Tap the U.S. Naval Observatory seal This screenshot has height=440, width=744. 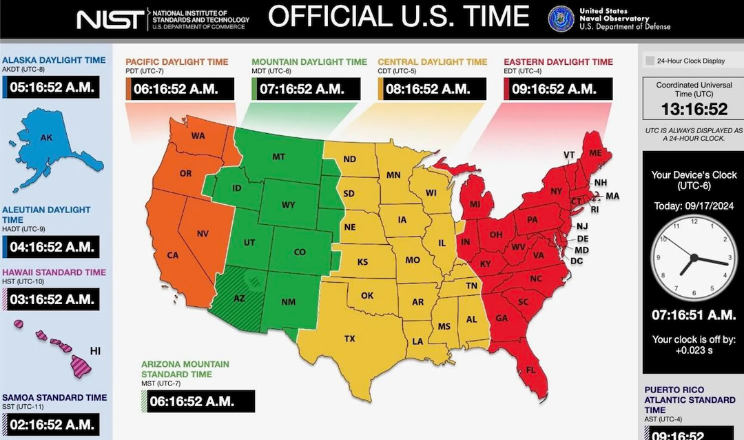(561, 19)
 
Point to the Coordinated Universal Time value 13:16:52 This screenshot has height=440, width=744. (694, 110)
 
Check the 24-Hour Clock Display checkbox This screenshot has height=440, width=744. (650, 61)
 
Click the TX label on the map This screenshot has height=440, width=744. (350, 338)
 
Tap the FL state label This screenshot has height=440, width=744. (530, 370)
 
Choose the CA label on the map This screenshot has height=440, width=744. (173, 255)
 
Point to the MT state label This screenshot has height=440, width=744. (278, 157)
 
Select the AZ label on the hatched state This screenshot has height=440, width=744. (239, 299)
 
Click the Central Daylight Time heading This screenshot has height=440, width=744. (432, 62)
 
